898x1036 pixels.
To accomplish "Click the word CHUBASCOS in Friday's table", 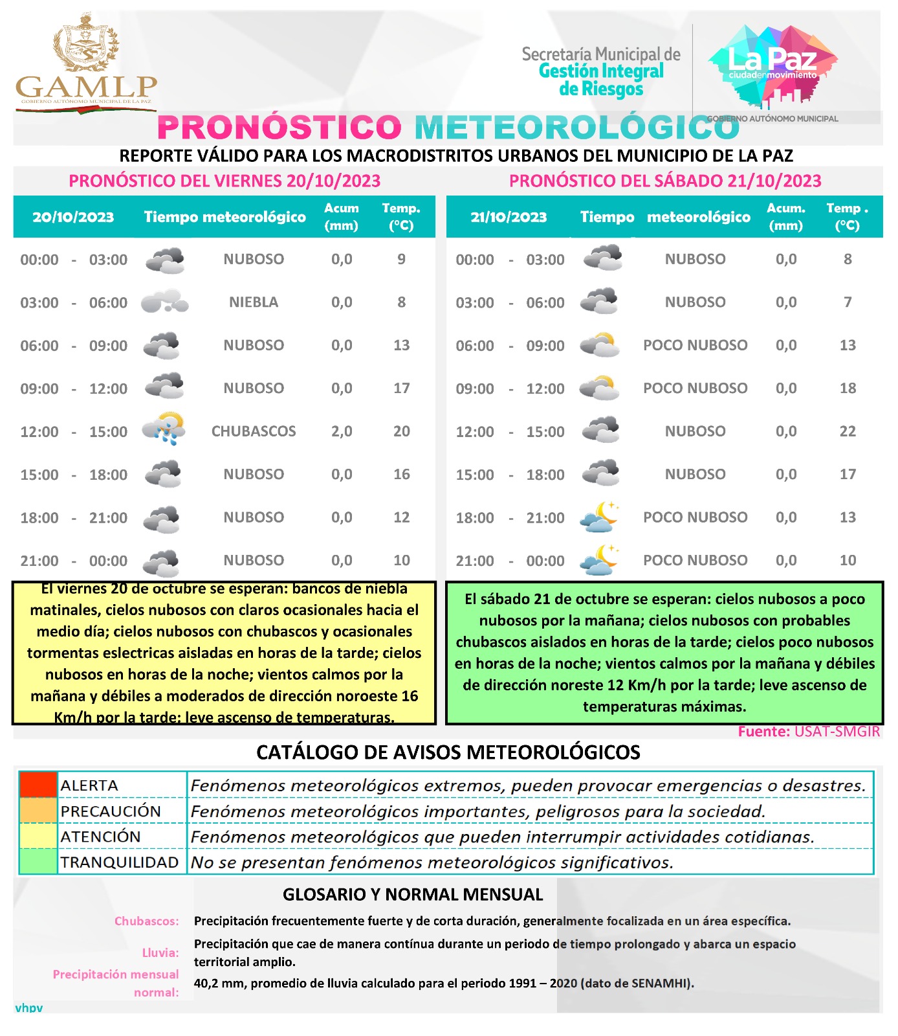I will [254, 431].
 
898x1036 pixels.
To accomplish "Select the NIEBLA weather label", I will [254, 302].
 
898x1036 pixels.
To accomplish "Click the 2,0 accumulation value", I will [342, 431].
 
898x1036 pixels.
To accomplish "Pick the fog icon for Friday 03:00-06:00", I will [164, 302].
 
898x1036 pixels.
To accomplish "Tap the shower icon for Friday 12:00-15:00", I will [164, 429].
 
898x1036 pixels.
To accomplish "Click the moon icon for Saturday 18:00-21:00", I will [600, 517].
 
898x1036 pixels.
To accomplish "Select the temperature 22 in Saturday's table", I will [848, 431].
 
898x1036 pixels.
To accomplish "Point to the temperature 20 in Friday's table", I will [401, 431].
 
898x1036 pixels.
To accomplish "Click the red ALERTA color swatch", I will [38, 785].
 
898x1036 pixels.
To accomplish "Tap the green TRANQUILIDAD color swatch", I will [38, 862].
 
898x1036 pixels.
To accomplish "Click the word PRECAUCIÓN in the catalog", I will [111, 811].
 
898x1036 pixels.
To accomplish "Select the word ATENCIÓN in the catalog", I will [100, 837].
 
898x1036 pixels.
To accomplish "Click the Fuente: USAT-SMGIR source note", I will [809, 732].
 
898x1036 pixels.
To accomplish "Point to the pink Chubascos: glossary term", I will [147, 921].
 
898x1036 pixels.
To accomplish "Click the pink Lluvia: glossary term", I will [160, 952].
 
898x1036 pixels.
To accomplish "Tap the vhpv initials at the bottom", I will [29, 1008].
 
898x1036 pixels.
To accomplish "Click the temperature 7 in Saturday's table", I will [848, 302].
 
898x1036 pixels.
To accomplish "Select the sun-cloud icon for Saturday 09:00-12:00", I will [600, 388].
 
